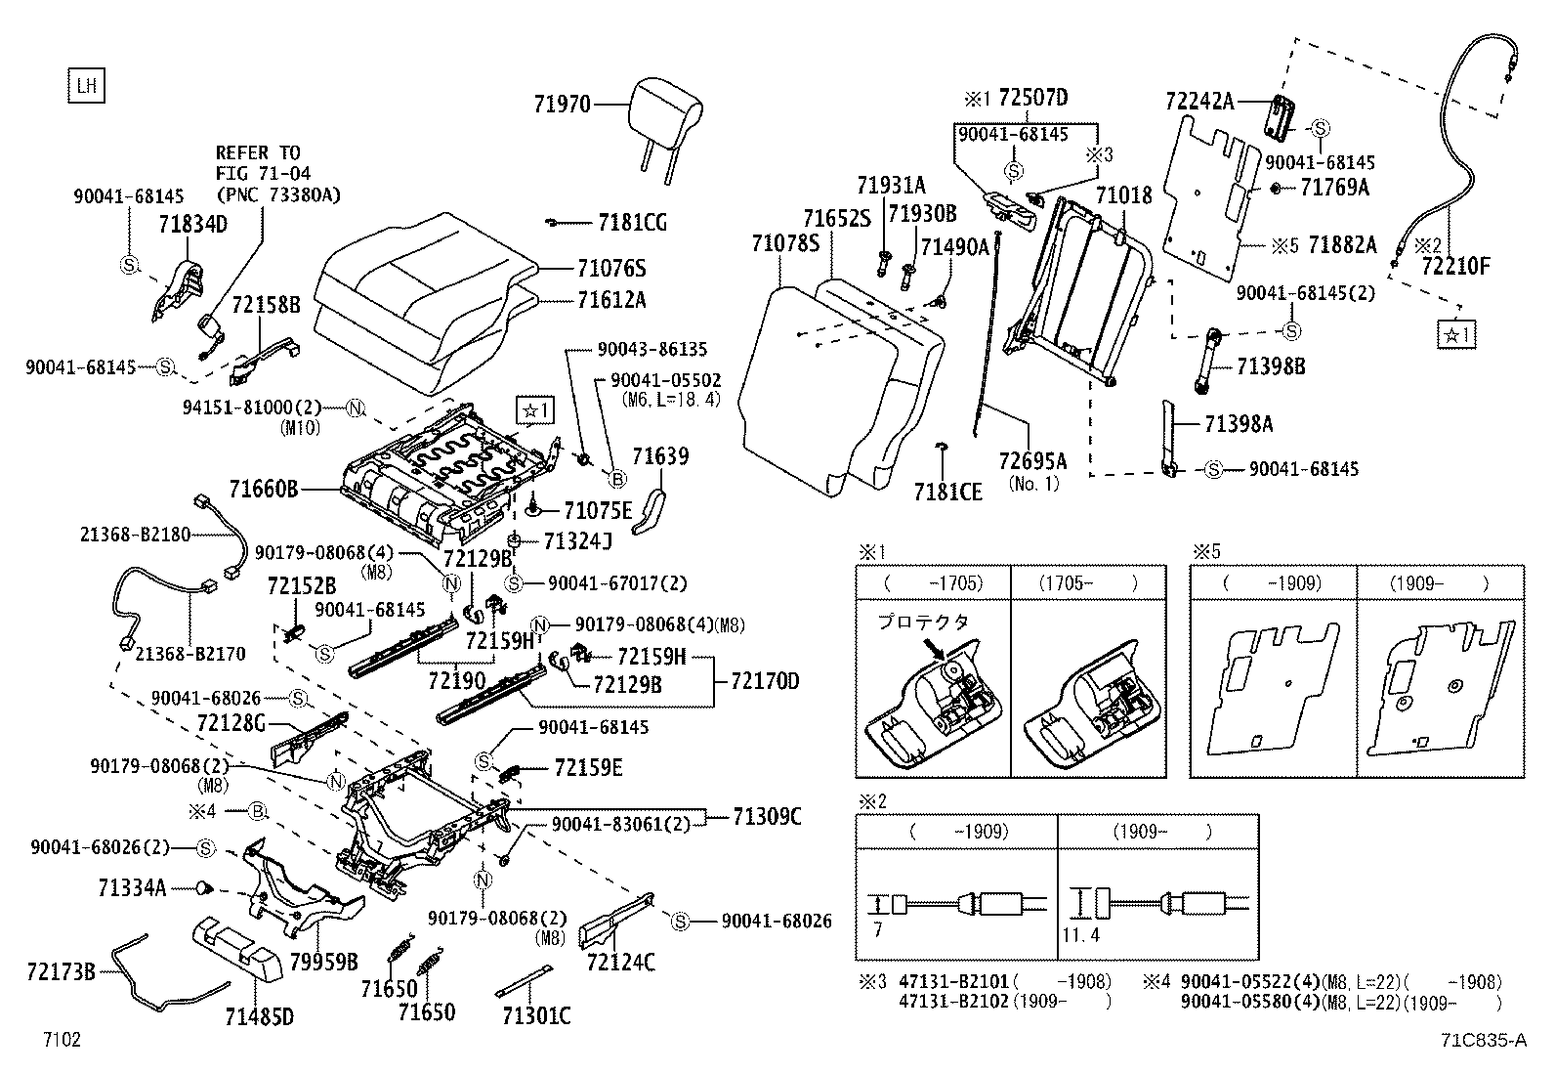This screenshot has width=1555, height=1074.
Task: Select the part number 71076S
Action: pos(611,269)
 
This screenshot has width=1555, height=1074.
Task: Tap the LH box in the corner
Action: pos(87,86)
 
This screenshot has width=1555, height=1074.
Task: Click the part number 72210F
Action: pos(1455,265)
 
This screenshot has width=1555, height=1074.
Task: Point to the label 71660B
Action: pos(264,489)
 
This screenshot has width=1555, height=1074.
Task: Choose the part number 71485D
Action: pos(259,1017)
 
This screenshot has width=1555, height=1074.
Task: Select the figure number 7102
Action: pos(61,1040)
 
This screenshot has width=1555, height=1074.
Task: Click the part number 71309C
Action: pos(767,817)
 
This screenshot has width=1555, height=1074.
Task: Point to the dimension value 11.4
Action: pos(1081,935)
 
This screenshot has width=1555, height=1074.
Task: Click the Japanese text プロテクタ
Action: pos(923,622)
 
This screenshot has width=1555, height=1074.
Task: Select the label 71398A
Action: pos(1238,424)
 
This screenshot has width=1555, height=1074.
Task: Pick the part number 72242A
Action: pos(1199,101)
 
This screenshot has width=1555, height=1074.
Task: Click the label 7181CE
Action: pos(948,492)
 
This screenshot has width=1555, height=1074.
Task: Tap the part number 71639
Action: pos(660,456)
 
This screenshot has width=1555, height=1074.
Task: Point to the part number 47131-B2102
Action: pos(953,1002)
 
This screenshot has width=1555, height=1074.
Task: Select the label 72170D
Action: pos(764,681)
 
